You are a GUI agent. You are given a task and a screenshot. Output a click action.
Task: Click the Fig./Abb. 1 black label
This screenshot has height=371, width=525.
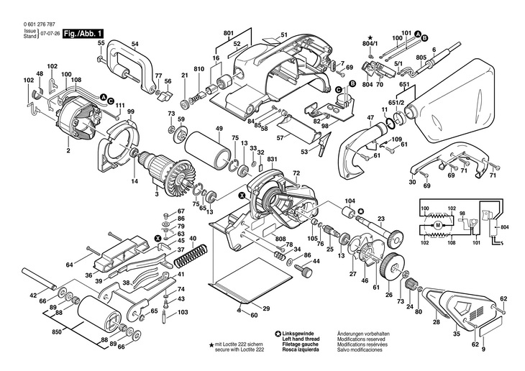84,33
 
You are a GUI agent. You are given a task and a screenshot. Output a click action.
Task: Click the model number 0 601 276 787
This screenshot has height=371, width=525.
30,25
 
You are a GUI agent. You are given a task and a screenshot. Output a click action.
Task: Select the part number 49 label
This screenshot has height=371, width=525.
217,129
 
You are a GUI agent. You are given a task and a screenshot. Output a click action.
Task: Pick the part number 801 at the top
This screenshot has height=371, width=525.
229,33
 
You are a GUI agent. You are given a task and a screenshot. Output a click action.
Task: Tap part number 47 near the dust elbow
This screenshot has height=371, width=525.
370,116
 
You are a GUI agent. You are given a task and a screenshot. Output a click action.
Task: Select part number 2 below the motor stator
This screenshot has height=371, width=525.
68,152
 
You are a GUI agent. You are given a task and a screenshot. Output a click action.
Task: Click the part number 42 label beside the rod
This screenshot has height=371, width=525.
32,296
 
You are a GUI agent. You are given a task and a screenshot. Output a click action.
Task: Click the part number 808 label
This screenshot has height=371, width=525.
280,239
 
